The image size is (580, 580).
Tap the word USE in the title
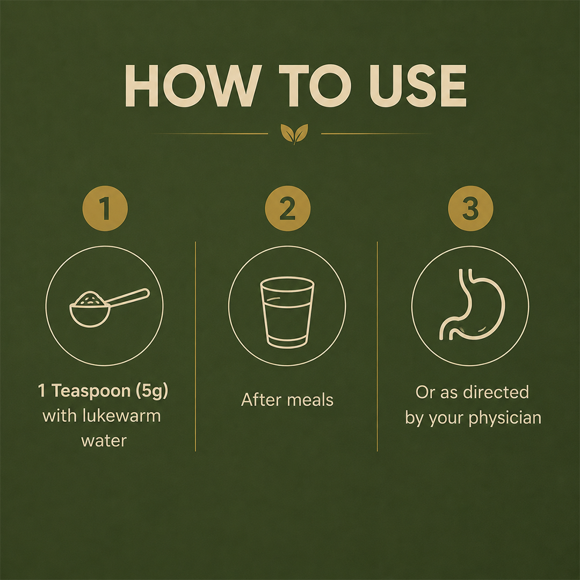click(x=418, y=86)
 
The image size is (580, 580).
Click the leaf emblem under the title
click(x=294, y=134)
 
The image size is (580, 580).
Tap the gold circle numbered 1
click(x=105, y=208)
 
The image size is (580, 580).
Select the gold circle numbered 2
click(x=288, y=208)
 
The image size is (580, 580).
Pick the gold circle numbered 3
click(x=470, y=208)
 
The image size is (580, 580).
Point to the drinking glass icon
click(x=287, y=313)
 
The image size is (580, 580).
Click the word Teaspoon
click(x=91, y=392)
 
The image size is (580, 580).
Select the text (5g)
click(x=152, y=392)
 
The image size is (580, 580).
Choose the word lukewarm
click(x=122, y=416)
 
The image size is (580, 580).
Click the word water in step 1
click(x=104, y=441)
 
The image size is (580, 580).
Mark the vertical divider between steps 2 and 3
click(x=378, y=346)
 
